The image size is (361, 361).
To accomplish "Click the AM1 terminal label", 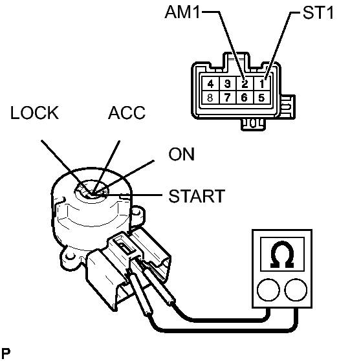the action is click(x=182, y=12).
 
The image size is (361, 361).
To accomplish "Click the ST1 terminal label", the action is click(x=318, y=12).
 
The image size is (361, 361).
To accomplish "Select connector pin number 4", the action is click(x=210, y=84).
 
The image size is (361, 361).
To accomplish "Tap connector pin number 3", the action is click(x=228, y=84).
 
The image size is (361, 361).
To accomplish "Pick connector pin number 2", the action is click(x=245, y=83).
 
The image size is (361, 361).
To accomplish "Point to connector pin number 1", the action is click(x=262, y=84).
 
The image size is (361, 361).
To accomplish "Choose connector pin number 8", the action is click(x=210, y=98).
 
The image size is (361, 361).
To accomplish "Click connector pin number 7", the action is click(x=227, y=98).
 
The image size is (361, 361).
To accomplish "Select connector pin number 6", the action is click(x=245, y=98).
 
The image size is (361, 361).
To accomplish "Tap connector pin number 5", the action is click(x=261, y=98).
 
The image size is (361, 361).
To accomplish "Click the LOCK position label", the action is click(x=34, y=113).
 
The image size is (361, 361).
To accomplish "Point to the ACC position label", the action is click(x=127, y=113).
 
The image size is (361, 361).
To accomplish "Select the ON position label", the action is click(x=182, y=154).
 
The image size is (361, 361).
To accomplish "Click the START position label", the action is click(x=197, y=196).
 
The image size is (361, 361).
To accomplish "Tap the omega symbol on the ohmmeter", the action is click(x=282, y=254).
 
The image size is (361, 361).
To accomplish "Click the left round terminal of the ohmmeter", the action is click(x=268, y=290).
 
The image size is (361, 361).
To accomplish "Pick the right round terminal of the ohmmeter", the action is click(x=296, y=290).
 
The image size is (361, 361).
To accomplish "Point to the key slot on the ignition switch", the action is click(x=92, y=191).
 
